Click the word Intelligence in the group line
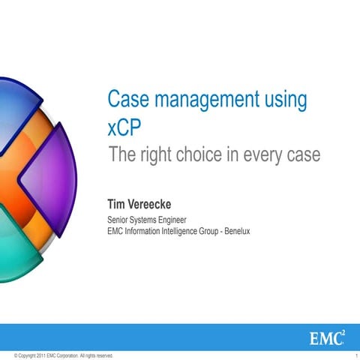pos(187,231)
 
